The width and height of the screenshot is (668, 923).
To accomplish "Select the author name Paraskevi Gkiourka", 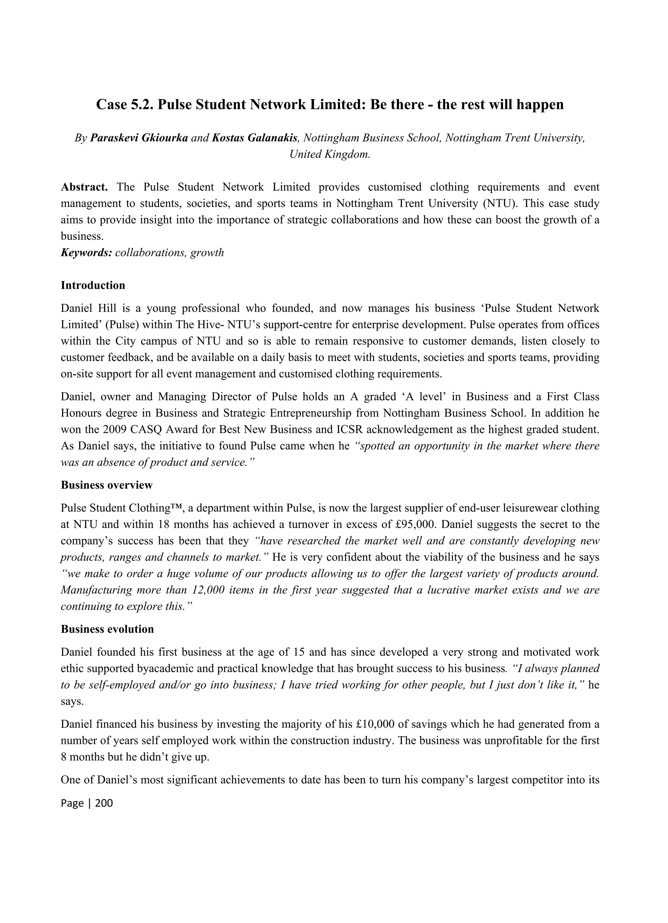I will pos(139,138).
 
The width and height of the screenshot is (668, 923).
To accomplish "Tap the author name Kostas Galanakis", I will pos(254,138).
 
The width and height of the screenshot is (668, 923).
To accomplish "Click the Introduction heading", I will pos(93,285).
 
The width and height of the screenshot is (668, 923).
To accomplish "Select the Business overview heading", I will pos(107,485).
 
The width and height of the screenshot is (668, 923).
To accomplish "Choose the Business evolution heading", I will pos(107,629).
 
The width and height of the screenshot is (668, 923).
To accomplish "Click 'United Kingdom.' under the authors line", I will pos(330,155).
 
